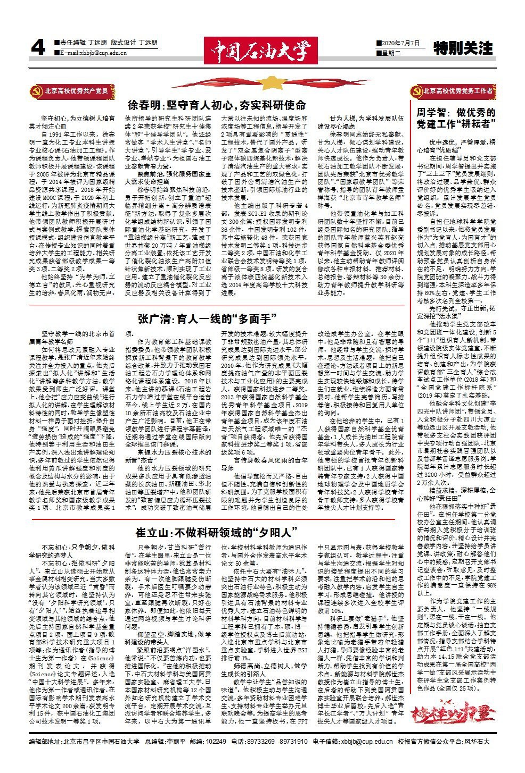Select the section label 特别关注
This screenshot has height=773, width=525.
pyautogui.click(x=463, y=49)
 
